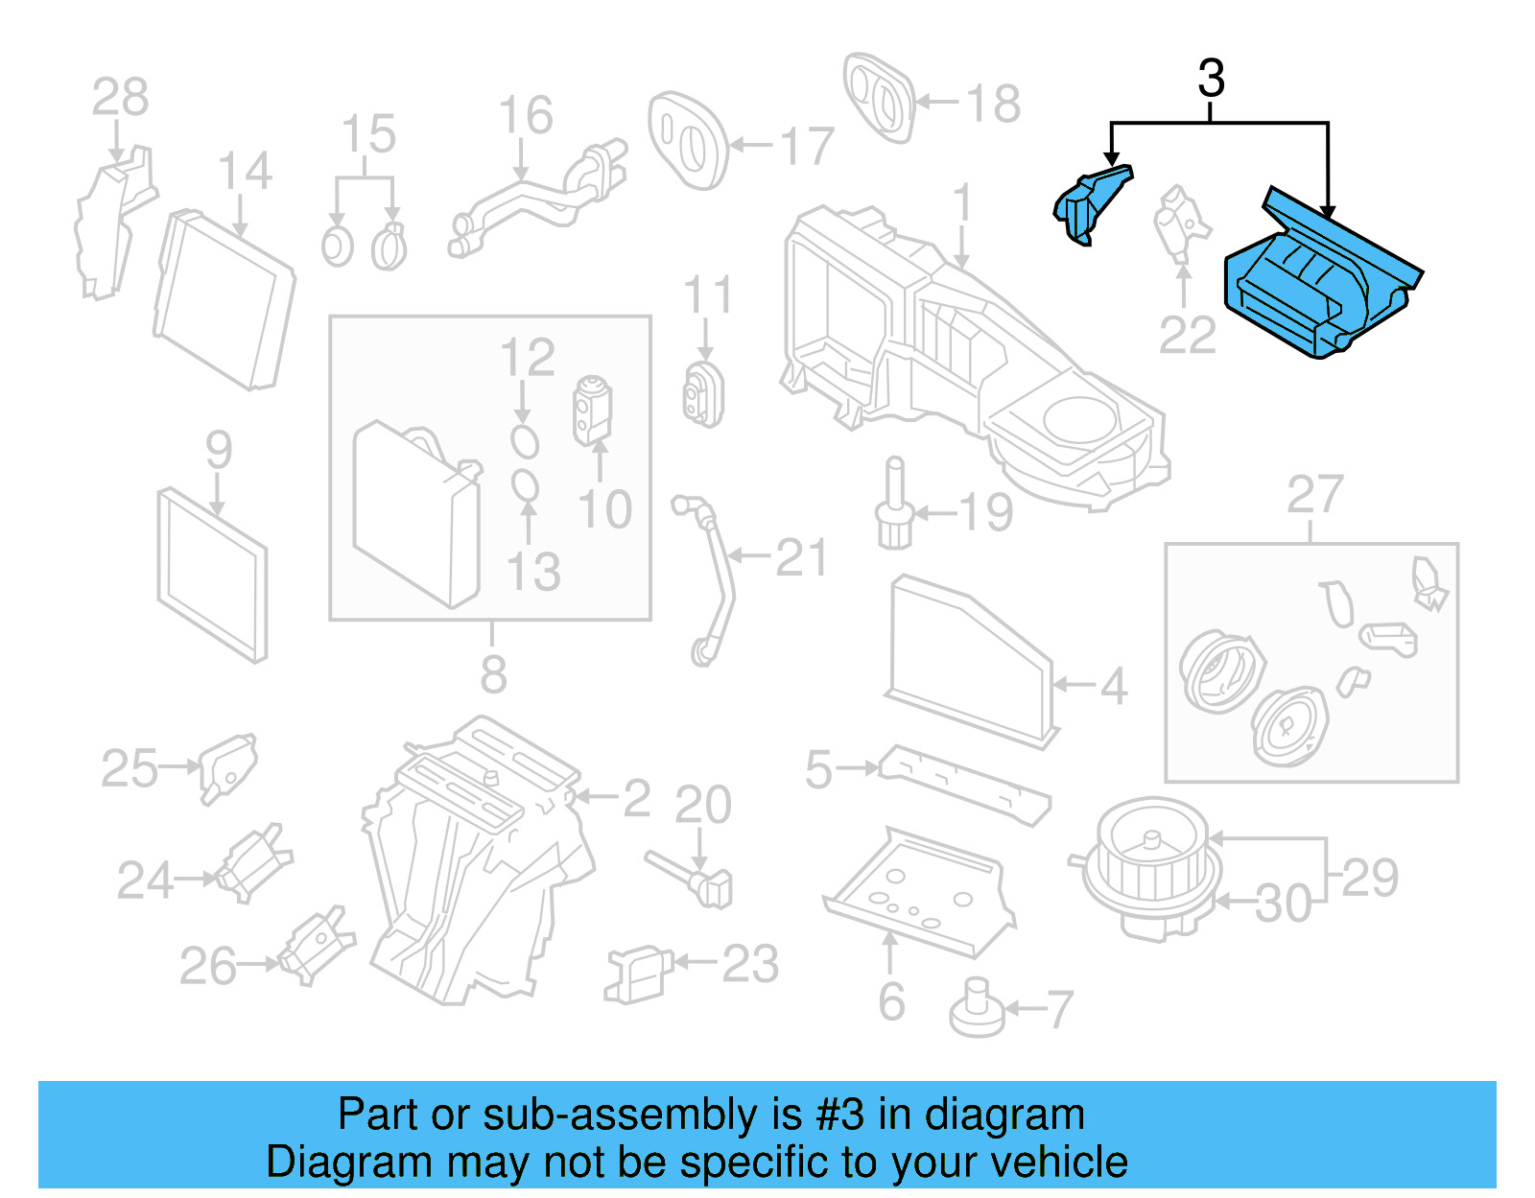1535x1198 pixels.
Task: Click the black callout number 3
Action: tap(1211, 79)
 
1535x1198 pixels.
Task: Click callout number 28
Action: tap(120, 97)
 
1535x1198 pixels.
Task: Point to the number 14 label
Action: tap(245, 172)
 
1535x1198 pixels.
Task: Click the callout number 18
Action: tap(993, 104)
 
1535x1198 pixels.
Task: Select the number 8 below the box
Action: tap(493, 674)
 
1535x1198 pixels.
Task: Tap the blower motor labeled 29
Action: tap(1146, 863)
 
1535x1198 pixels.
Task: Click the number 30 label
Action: tap(1283, 904)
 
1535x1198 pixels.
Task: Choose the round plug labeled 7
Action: tap(977, 1010)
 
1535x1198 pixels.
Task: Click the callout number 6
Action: tap(891, 1002)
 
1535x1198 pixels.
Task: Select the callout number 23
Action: tap(749, 964)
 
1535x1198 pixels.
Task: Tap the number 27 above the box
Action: tap(1313, 495)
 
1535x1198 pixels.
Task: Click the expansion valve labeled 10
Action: tap(592, 411)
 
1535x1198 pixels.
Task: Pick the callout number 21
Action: tap(800, 558)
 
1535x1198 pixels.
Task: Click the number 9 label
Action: tap(219, 450)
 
